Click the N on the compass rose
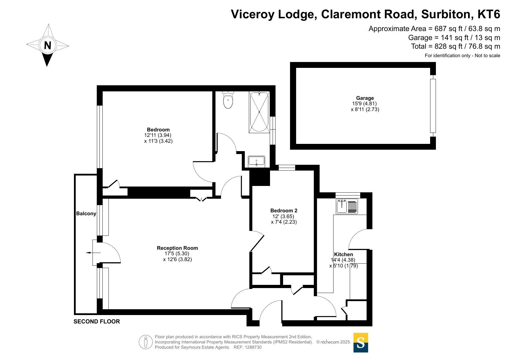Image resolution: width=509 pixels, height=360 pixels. (x=48, y=45)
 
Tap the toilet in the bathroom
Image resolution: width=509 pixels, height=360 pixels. (x=228, y=100)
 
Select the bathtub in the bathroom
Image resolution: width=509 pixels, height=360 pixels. (x=259, y=112)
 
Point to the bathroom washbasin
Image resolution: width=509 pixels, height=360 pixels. (x=256, y=162)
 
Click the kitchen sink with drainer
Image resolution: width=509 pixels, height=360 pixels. (x=347, y=206)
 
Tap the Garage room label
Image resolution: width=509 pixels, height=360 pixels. (x=365, y=98)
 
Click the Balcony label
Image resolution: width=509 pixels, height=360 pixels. (x=86, y=214)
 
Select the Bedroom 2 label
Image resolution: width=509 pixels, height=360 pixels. (x=284, y=211)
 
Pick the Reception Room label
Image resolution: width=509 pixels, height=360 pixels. (x=177, y=248)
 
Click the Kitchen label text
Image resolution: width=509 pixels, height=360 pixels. (x=343, y=254)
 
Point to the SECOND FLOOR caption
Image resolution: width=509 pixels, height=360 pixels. (x=97, y=321)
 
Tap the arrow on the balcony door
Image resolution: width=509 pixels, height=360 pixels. (x=93, y=253)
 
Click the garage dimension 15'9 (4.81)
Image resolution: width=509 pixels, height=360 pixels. (x=365, y=104)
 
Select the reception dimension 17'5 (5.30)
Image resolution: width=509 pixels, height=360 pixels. (x=177, y=254)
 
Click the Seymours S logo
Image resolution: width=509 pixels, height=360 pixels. (x=361, y=343)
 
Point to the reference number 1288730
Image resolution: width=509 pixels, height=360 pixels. (x=253, y=347)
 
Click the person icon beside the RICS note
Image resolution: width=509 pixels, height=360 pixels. (x=146, y=342)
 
